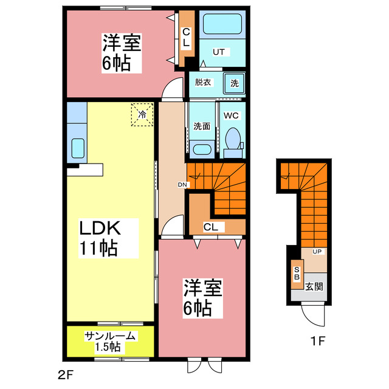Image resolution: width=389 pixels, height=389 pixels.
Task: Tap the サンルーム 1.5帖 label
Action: [x=110, y=342]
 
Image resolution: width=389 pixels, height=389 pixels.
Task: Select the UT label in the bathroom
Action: [x=218, y=52]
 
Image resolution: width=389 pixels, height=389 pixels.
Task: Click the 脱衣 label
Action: [x=203, y=83]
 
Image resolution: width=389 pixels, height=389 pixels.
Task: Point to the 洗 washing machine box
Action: [x=234, y=83]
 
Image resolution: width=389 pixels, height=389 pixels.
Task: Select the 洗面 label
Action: [x=202, y=126]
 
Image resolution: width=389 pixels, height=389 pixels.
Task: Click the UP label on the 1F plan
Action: [x=317, y=251]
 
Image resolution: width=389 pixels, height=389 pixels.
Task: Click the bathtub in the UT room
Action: [x=222, y=25]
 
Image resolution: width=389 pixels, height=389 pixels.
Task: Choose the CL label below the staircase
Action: [x=212, y=227]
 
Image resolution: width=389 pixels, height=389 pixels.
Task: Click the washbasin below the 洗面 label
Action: [x=201, y=148]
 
